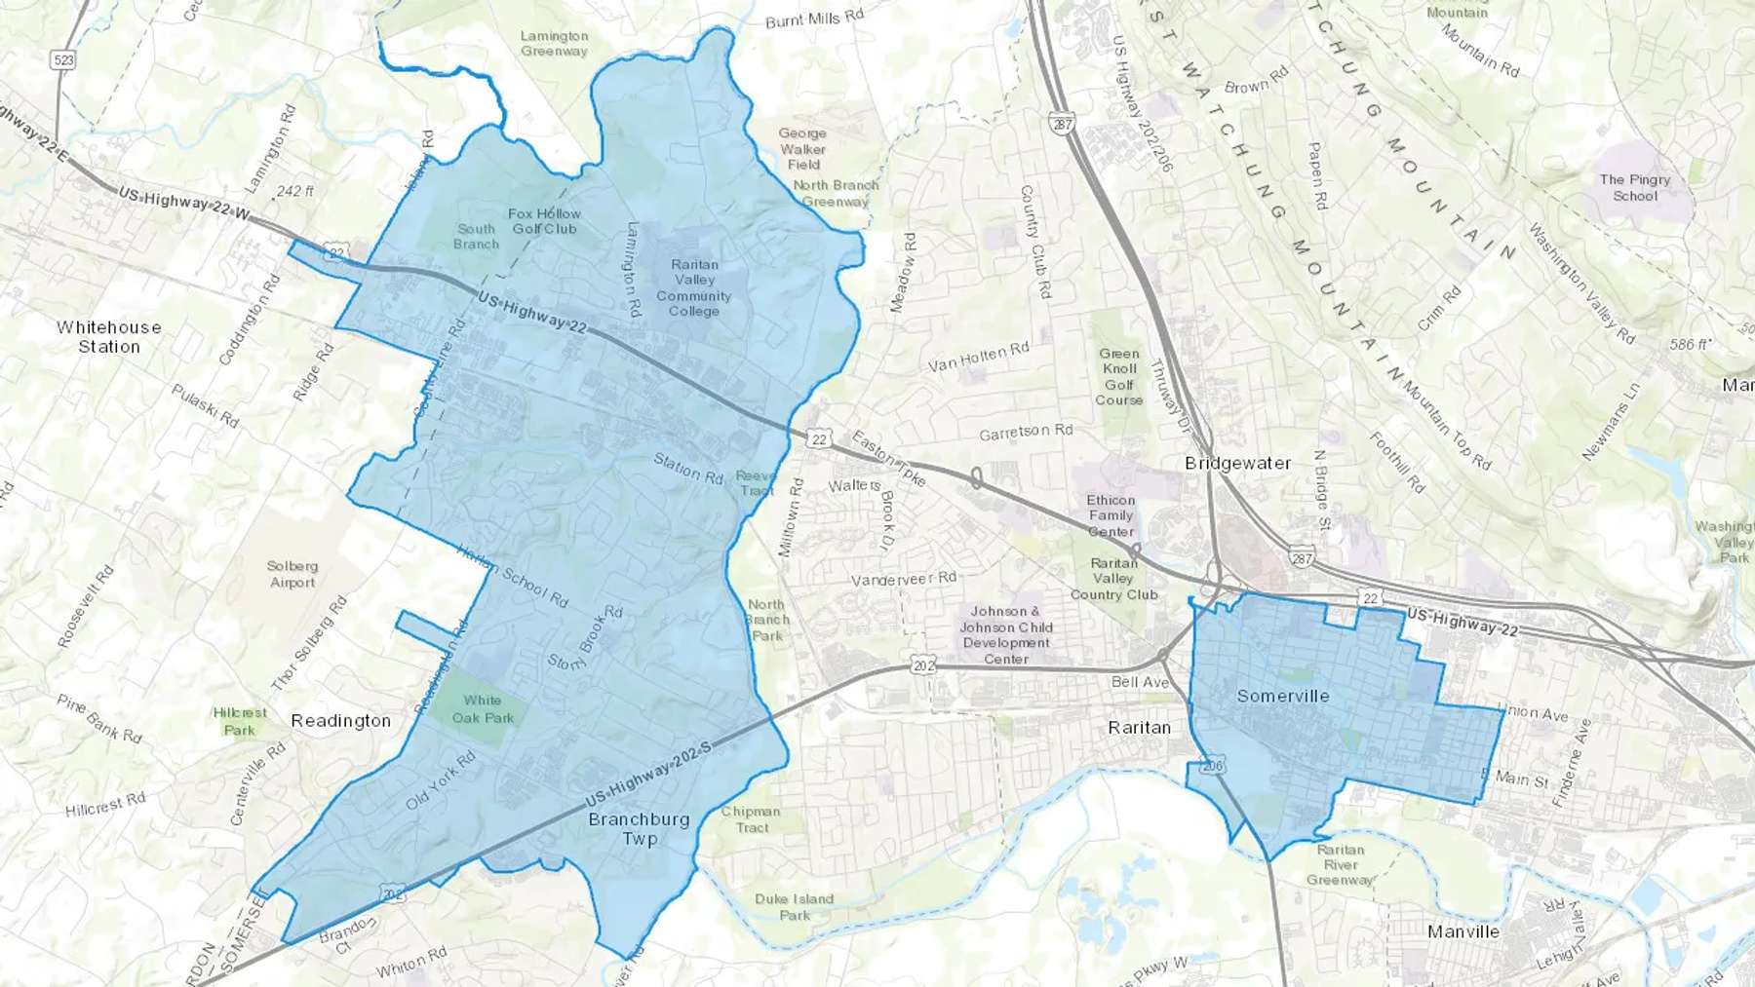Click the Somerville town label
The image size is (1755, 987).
(1282, 696)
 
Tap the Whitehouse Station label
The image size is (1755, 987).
(109, 337)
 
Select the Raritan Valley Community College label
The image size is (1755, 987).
(694, 287)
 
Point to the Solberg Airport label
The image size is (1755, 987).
(292, 574)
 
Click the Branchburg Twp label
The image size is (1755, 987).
(639, 828)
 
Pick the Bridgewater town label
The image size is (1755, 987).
(1237, 463)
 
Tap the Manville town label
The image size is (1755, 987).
(1462, 931)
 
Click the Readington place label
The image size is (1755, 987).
(340, 720)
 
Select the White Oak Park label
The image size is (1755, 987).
(483, 709)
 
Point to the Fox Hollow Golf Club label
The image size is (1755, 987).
(544, 221)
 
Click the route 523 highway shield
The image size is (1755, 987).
(63, 59)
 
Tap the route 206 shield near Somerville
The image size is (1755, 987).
(1212, 767)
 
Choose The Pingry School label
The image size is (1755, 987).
(1635, 187)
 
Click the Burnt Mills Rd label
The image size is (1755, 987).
(814, 19)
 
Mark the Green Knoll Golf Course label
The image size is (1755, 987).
(1119, 377)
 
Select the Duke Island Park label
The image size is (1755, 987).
(794, 906)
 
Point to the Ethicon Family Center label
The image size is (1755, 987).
(1111, 515)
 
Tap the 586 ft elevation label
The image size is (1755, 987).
(1688, 345)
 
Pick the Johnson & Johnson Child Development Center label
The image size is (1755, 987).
(1006, 635)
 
